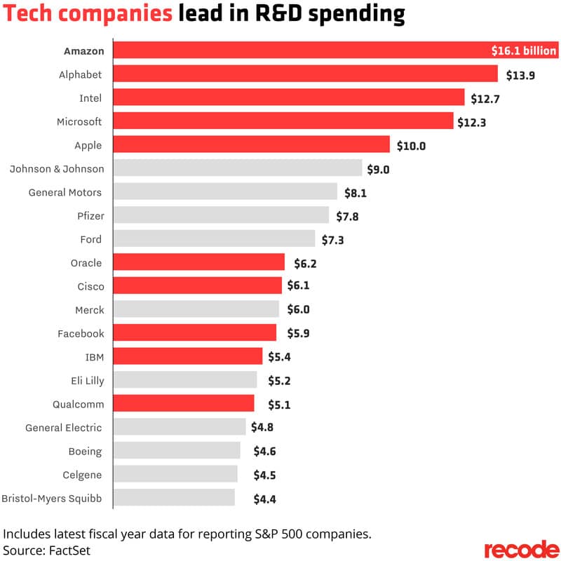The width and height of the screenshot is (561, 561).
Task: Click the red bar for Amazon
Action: pos(302,50)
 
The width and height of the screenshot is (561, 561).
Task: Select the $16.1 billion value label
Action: pos(523,50)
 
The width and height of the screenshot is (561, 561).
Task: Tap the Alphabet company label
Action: pos(80,74)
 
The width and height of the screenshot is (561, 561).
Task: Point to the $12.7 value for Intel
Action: pos(485,98)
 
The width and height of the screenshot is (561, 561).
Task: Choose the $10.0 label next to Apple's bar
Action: pos(410,146)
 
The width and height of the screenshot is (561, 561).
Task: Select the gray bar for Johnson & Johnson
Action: pos(238,168)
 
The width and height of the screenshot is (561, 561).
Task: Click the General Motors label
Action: pos(65,192)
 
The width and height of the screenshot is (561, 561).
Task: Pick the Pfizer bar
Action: pos(221,215)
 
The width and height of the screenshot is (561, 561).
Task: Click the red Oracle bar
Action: pos(199,262)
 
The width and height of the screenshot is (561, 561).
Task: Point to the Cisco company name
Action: pos(89,286)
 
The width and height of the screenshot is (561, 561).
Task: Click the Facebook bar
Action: pos(195,333)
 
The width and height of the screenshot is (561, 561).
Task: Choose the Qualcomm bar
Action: pos(184,403)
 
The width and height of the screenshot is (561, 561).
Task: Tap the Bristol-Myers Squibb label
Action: pos(52,499)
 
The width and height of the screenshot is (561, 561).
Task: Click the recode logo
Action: pos(522,548)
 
